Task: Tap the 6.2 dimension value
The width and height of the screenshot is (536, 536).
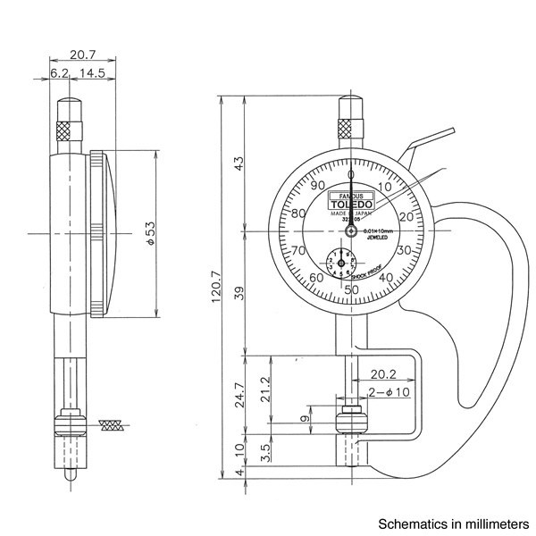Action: (x=59, y=72)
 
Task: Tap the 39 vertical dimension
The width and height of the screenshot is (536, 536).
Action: (x=238, y=293)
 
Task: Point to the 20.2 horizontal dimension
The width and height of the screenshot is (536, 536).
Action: (x=383, y=373)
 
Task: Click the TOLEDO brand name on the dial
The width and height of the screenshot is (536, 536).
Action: (x=351, y=204)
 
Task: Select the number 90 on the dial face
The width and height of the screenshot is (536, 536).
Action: (x=316, y=185)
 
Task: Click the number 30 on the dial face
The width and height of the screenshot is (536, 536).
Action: (x=403, y=250)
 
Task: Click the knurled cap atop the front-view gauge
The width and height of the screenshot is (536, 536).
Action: (x=350, y=127)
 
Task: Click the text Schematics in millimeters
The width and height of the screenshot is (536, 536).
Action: (x=454, y=523)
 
